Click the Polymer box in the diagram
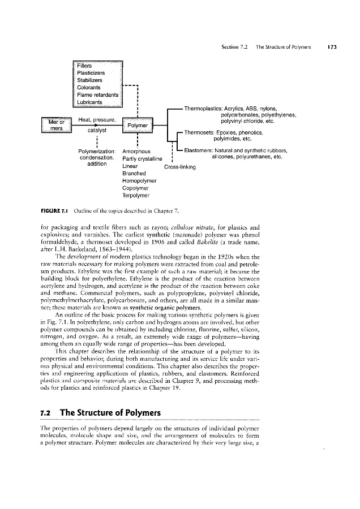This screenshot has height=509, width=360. coord(138,124)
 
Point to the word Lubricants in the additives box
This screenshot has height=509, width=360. coord(94,102)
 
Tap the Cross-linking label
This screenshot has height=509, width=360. coord(179,167)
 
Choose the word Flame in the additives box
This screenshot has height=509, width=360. coord(85,94)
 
